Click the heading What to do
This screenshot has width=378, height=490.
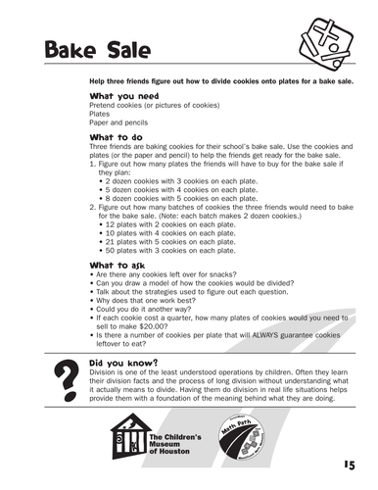click(117, 137)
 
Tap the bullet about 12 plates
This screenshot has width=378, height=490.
click(170, 223)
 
